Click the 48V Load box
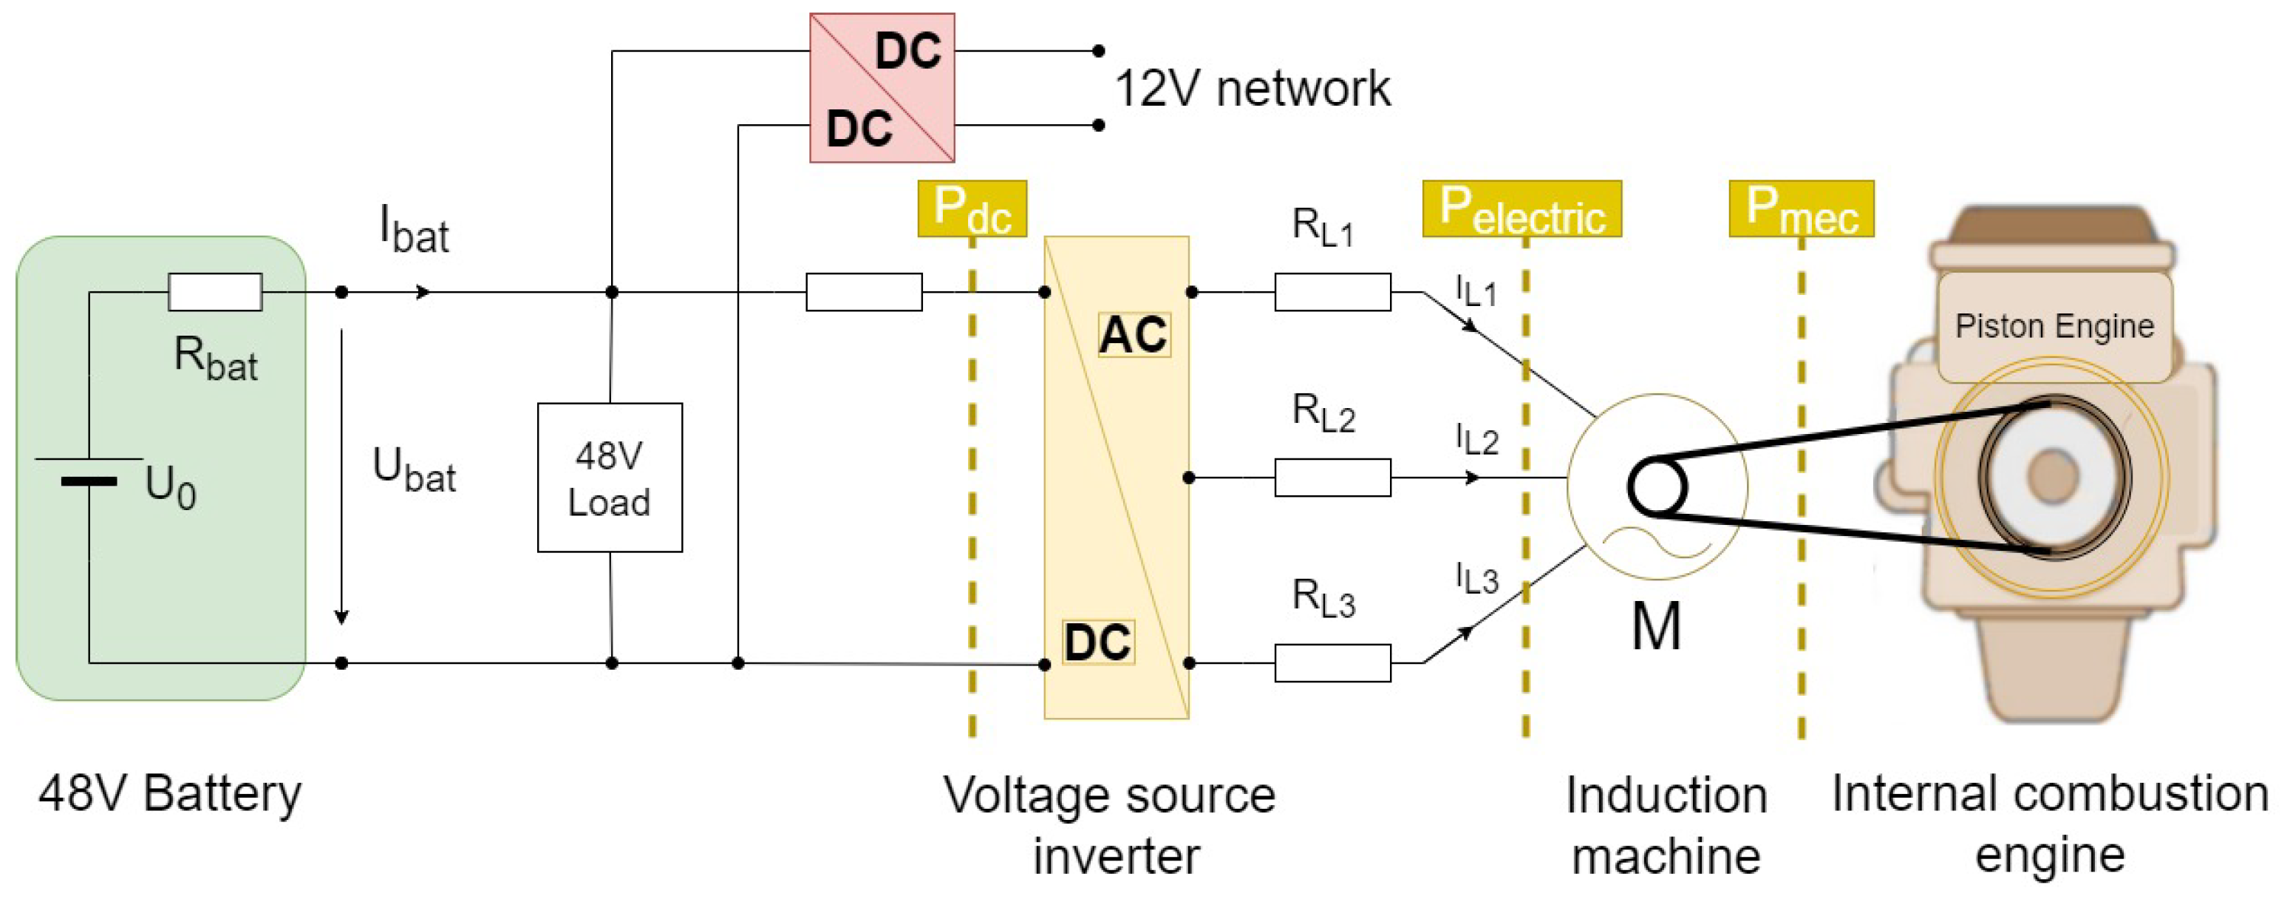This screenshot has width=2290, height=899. click(x=609, y=478)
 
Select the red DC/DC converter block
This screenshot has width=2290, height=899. click(x=881, y=87)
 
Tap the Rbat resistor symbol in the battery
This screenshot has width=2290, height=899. click(x=215, y=292)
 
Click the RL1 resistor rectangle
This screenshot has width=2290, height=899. click(x=1332, y=292)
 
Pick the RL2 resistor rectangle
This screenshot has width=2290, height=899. click(x=1332, y=478)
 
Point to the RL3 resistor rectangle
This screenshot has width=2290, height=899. click(x=1332, y=662)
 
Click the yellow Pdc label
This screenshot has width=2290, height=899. click(x=972, y=209)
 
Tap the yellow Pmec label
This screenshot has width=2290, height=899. click(x=1800, y=209)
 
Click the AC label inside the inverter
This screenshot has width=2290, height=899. click(x=1133, y=335)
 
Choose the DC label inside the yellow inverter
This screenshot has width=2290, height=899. click(x=1098, y=642)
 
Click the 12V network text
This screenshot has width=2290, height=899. click(x=1252, y=89)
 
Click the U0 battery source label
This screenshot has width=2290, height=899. click(x=170, y=487)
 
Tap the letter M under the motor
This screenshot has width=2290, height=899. click(x=1655, y=626)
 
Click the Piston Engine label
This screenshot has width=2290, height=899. click(x=2054, y=326)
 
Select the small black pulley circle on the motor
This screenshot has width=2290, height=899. click(x=1656, y=486)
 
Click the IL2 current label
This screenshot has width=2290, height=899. click(x=1476, y=439)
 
